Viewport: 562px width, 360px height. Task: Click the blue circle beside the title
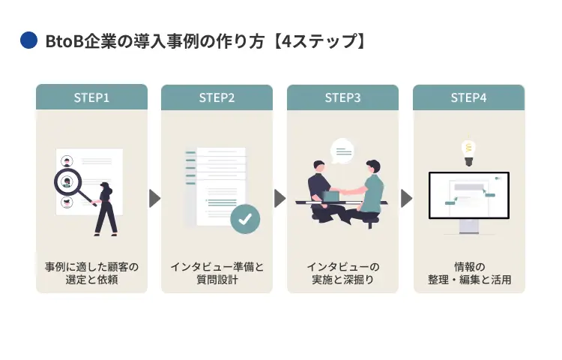[x=28, y=40]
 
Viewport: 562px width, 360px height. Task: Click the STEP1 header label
[x=91, y=97]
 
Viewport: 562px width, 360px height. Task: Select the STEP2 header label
[x=217, y=97]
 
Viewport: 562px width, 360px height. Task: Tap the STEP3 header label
[x=342, y=97]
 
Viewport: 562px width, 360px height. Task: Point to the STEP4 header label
[x=468, y=97]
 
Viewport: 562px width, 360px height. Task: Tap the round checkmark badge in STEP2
[x=244, y=219]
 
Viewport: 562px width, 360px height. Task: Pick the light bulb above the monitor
[x=468, y=151]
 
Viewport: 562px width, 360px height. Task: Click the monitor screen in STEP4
[x=468, y=195]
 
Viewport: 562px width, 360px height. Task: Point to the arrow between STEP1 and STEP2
[x=154, y=198]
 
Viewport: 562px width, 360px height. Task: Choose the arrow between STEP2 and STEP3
[x=280, y=198]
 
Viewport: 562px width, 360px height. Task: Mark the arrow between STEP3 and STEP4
[x=406, y=198]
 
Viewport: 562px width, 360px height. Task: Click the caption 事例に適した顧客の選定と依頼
[x=91, y=274]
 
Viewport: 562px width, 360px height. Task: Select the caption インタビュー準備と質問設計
[x=217, y=274]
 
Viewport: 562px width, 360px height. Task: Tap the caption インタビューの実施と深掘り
[x=342, y=274]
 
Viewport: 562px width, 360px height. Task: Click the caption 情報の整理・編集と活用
[x=468, y=274]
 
